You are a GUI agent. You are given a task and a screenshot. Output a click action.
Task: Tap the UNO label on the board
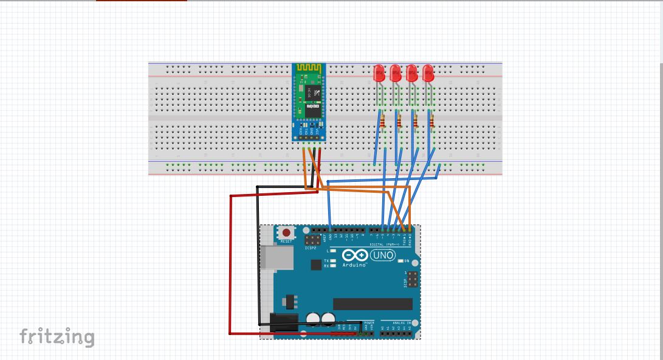click(383, 255)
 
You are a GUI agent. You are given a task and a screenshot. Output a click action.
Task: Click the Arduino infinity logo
click(354, 255)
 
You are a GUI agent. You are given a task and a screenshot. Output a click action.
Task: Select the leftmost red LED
click(380, 74)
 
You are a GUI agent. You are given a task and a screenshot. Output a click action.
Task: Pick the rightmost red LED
click(428, 74)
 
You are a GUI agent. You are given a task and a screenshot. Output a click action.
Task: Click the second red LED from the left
click(396, 74)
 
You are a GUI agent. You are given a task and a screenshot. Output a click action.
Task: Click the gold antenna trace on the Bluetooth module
click(309, 68)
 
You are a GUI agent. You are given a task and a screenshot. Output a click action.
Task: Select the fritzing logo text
click(57, 336)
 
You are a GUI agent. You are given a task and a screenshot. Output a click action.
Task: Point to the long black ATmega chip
click(373, 303)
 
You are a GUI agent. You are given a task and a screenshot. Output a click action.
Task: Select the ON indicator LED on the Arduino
click(401, 261)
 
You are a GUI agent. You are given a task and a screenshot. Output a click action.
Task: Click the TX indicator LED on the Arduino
click(333, 260)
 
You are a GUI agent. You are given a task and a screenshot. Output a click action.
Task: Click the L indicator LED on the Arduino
click(333, 251)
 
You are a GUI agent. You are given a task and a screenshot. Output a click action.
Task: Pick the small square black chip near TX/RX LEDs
click(316, 265)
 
